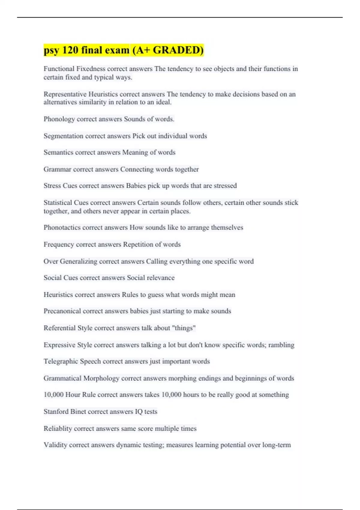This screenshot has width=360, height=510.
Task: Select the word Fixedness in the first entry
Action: coord(91,69)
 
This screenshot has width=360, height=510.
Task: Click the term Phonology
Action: coord(59,119)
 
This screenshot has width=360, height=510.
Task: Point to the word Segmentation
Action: coord(63,136)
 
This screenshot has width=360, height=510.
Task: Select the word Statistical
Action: coord(58,202)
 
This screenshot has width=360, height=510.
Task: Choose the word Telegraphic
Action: coord(61,361)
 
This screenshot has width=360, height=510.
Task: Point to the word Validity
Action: coord(55,445)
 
